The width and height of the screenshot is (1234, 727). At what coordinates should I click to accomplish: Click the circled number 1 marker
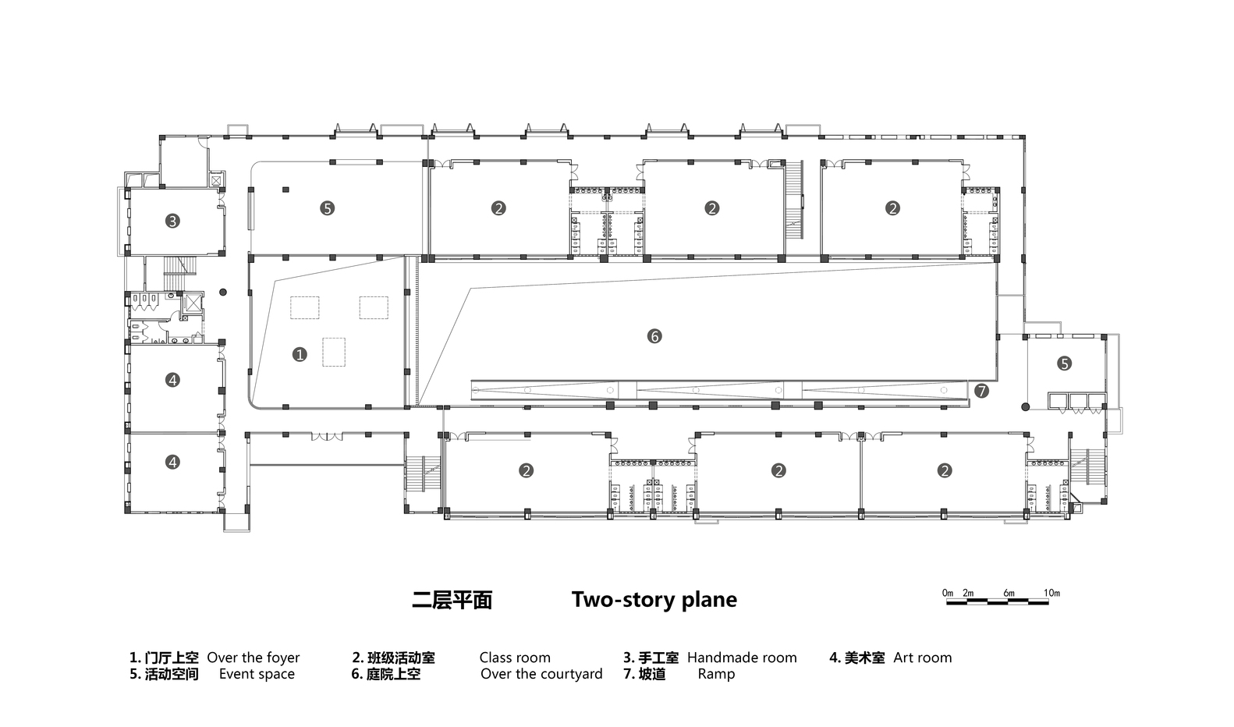tap(300, 355)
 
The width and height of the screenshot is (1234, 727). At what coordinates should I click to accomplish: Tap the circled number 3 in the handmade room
tap(172, 221)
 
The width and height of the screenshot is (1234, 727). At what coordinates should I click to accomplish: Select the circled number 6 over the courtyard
tap(654, 336)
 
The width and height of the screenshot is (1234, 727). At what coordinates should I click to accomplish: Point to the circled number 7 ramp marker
tap(981, 391)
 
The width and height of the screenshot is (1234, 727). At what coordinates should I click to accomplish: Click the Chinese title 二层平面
tap(452, 600)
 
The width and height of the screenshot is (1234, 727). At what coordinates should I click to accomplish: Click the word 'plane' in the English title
tap(710, 600)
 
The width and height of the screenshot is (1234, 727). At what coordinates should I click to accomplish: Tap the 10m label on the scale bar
tap(1051, 593)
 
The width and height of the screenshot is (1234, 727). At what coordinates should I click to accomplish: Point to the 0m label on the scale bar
tap(948, 593)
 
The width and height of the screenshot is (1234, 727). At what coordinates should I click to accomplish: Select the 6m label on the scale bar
tap(1009, 593)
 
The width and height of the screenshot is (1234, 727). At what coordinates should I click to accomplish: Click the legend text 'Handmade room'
tap(742, 658)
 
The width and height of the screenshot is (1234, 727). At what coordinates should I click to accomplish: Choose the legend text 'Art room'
tap(923, 658)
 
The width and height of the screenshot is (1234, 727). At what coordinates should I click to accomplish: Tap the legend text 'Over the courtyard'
tap(541, 674)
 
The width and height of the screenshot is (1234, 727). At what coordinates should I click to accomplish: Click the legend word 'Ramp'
tap(716, 674)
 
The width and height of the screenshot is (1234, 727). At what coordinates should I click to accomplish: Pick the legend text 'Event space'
tap(257, 674)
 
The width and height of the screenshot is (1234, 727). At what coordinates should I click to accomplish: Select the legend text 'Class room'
tap(515, 658)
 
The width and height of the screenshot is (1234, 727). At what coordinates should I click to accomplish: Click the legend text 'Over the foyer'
tap(253, 658)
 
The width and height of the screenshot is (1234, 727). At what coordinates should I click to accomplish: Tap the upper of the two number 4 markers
tap(172, 380)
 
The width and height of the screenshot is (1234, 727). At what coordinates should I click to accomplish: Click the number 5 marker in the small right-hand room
tap(1064, 363)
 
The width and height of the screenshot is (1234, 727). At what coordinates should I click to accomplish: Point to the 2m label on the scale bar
tap(968, 593)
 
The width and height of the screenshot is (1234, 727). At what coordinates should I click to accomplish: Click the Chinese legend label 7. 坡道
tap(644, 674)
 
